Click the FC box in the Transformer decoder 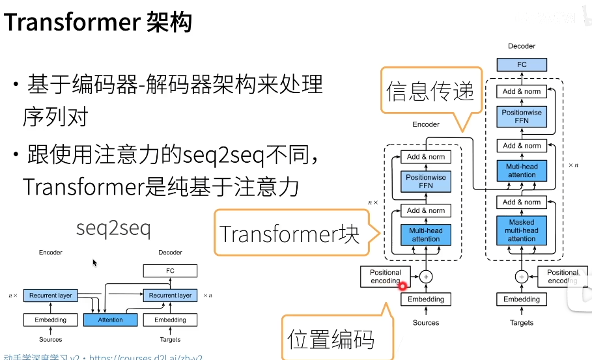point(521,64)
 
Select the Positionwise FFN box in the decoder point(521,117)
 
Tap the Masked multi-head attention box point(521,230)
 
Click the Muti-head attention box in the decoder point(521,171)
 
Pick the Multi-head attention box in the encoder point(426,234)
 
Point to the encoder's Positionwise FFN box point(426,181)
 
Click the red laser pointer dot point(402,285)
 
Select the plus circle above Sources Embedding point(426,276)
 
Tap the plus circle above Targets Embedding point(521,276)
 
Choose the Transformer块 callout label point(289,234)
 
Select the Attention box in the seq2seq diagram point(111,320)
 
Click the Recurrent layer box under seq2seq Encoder point(51,295)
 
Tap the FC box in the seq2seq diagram point(170,271)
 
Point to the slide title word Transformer point(71,23)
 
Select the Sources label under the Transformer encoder point(426,322)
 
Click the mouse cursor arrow point(94,262)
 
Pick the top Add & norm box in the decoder point(521,92)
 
